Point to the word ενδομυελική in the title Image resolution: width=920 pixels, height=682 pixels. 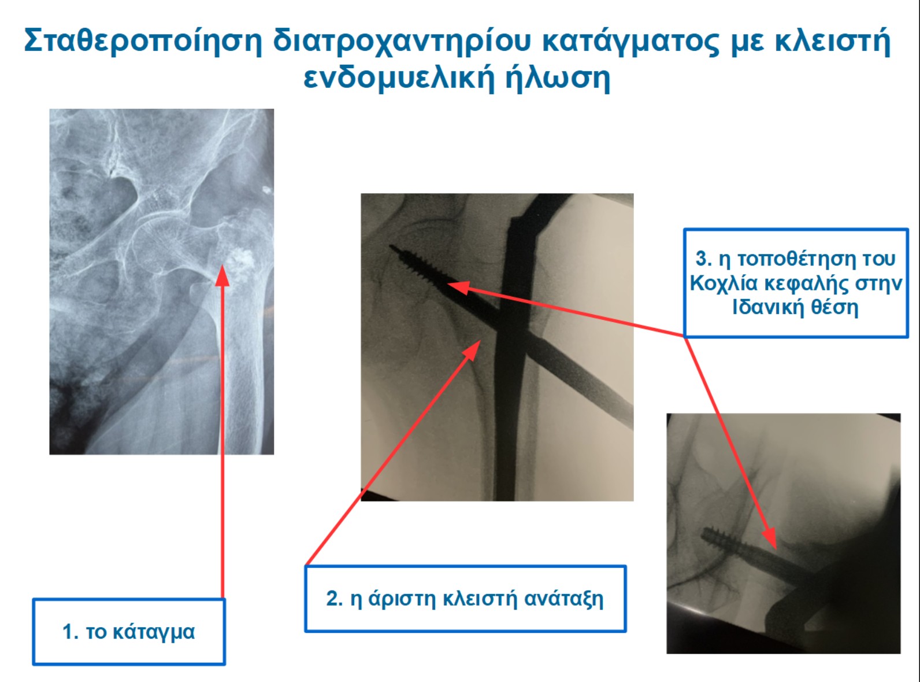coord(399,78)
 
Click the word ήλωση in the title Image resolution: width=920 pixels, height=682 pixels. coord(558,78)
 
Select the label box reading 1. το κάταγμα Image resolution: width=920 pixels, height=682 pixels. coord(129,632)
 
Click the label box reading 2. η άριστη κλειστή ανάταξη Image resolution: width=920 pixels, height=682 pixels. coord(465,599)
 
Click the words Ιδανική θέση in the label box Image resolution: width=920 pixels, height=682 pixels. coord(795,307)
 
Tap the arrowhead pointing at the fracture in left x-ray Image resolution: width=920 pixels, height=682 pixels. coord(222,276)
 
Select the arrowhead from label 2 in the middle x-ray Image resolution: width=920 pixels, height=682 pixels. coord(473,350)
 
